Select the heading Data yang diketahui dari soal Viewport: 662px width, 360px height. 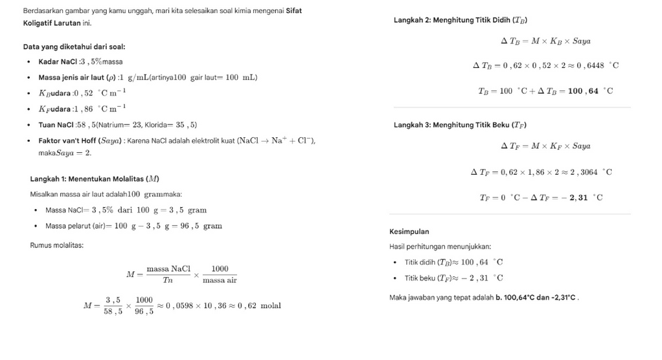tap(74, 47)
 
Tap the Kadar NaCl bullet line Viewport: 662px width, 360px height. tap(80, 62)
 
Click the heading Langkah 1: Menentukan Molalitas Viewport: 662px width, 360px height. tap(95, 179)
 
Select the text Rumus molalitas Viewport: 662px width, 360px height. tap(56, 245)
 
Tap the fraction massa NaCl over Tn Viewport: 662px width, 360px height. tap(168, 274)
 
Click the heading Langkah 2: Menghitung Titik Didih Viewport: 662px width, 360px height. tap(464, 20)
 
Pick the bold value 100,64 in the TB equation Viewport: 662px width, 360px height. tap(584, 91)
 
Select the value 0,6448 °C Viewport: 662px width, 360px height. tap(597, 65)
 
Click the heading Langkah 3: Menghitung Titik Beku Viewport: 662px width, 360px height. tap(464, 125)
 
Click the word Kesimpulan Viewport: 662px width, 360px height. tap(409, 231)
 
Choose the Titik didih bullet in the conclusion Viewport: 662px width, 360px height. tap(453, 262)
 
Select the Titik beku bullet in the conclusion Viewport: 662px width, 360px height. tap(453, 278)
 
